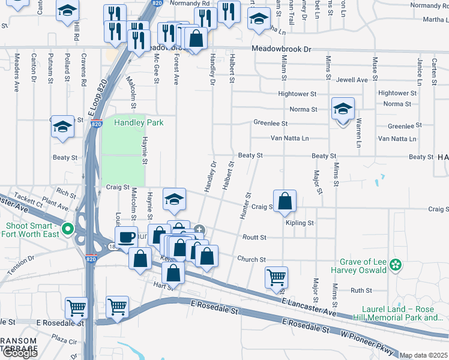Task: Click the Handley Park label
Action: click(x=139, y=123)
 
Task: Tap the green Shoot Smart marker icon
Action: click(x=68, y=229)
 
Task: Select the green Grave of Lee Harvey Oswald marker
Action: click(x=395, y=264)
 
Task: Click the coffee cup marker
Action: click(x=126, y=236)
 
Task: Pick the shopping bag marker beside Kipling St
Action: click(x=285, y=202)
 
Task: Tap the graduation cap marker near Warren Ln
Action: click(x=343, y=109)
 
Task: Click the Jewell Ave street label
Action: click(x=352, y=80)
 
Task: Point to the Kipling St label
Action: click(x=300, y=223)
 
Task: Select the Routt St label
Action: click(x=254, y=238)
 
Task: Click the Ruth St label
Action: click(x=361, y=290)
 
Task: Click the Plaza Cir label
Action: click(x=64, y=341)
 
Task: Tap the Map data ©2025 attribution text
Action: click(x=423, y=355)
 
